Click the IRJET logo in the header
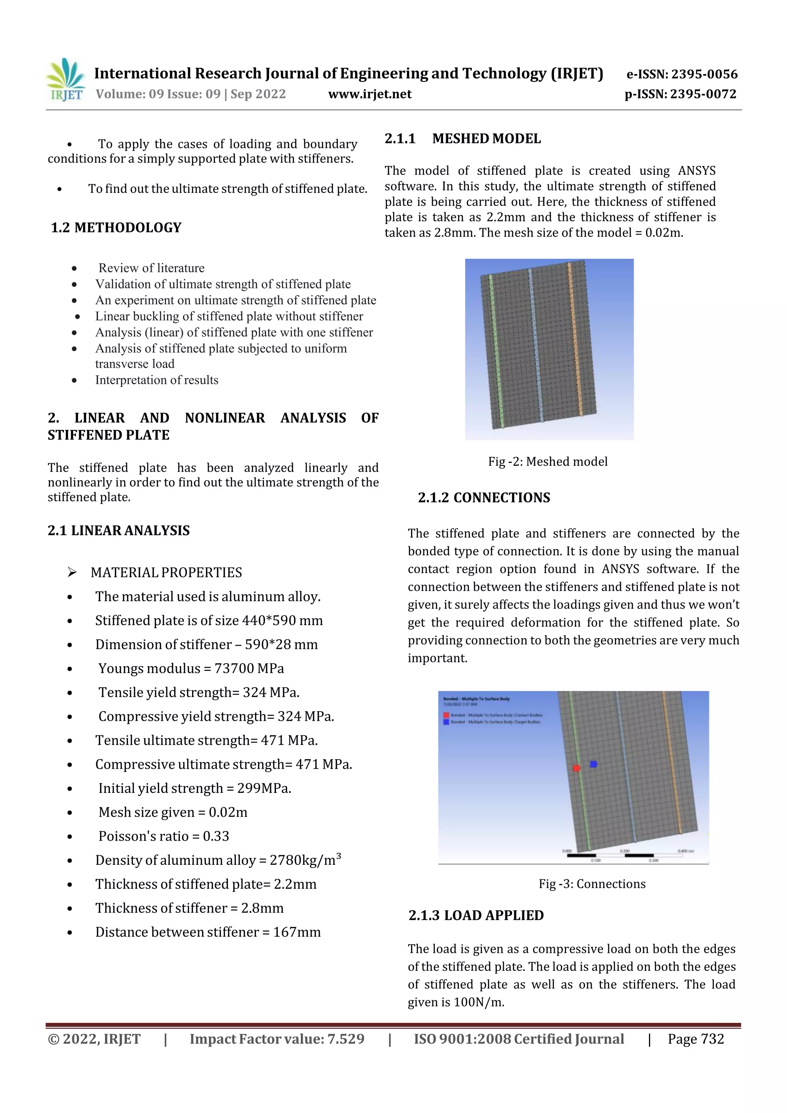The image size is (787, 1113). click(65, 80)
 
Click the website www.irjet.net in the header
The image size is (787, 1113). click(370, 94)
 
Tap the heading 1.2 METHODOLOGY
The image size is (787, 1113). click(116, 227)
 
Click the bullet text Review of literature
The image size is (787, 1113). click(151, 268)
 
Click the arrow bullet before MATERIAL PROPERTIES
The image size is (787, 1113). click(72, 572)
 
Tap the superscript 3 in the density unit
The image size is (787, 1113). click(339, 856)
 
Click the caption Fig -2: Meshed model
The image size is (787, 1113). click(548, 461)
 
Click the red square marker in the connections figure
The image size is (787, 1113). click(576, 768)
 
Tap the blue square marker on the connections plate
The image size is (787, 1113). click(593, 764)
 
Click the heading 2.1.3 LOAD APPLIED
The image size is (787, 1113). click(476, 915)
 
